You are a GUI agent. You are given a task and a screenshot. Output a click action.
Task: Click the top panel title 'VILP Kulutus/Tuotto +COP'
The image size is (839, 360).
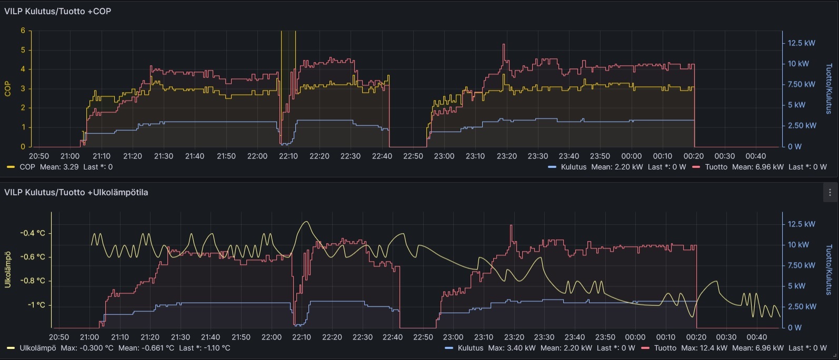pos(57,11)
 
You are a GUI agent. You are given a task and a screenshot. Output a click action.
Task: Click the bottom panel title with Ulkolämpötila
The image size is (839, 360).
pos(76,192)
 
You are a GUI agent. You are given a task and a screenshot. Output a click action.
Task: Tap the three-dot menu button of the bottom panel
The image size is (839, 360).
pos(830,193)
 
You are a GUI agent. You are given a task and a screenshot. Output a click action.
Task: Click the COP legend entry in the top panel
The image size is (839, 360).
pos(27,167)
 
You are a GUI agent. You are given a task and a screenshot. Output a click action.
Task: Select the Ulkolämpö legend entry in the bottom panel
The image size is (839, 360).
pos(37,348)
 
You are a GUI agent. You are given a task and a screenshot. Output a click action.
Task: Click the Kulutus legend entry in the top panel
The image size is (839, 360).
pos(573,167)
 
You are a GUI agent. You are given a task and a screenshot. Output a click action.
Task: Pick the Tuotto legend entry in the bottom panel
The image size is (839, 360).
pos(665,348)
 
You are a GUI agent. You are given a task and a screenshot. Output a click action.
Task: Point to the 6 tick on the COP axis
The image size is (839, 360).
pos(23,31)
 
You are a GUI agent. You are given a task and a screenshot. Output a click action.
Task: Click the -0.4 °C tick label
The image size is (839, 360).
pos(33,233)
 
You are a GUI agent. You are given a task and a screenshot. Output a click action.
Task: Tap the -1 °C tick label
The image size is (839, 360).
pos(36,305)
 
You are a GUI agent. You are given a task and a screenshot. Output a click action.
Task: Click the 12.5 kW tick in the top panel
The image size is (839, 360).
pos(801,43)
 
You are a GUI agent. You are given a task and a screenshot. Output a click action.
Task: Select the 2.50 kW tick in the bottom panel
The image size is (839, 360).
pos(802,306)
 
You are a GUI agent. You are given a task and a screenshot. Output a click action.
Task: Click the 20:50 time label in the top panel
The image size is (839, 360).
pos(39,156)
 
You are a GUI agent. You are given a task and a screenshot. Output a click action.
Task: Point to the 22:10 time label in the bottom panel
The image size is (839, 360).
pos(302,337)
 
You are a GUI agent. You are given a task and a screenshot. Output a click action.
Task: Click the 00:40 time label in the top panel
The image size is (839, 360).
pos(755,156)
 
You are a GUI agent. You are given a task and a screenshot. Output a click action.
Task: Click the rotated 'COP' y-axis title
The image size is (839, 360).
pos(8,88)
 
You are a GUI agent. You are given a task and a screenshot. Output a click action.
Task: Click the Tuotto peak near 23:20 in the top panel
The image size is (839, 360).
pos(504,44)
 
